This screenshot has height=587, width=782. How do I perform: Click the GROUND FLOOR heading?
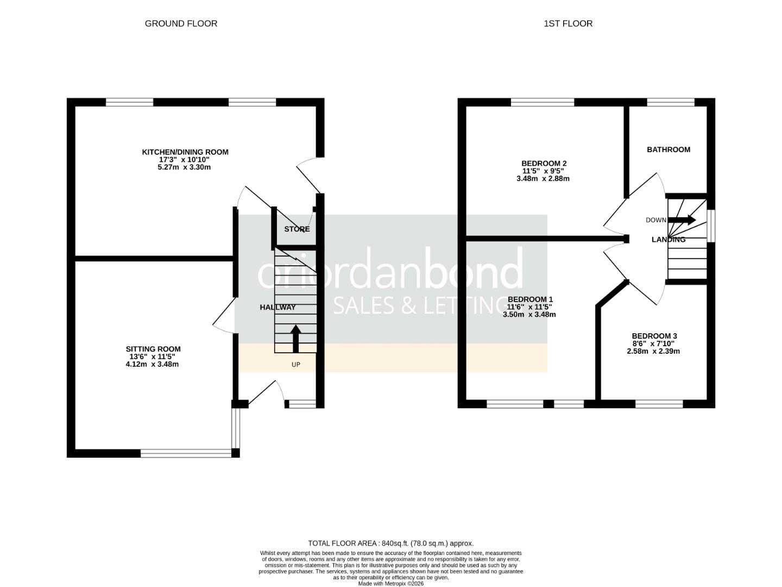click(181, 23)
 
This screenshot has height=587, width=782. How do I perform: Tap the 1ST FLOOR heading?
click(567, 23)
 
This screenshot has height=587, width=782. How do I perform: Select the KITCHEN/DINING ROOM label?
click(185, 152)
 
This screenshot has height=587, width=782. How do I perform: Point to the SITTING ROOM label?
click(153, 349)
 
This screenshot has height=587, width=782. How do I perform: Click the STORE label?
click(297, 229)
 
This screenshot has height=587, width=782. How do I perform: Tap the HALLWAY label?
click(278, 307)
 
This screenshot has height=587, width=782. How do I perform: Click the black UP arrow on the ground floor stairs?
click(296, 338)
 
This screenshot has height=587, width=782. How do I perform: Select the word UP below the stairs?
click(296, 365)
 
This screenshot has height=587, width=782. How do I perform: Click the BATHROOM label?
click(669, 149)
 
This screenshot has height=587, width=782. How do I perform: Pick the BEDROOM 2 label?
click(544, 163)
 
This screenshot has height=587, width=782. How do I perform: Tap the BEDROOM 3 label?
click(654, 336)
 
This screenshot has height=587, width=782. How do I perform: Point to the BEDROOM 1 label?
click(529, 299)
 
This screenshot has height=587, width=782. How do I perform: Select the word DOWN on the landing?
click(656, 220)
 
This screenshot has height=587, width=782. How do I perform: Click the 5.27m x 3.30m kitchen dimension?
click(185, 167)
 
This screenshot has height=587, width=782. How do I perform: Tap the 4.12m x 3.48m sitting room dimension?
click(152, 364)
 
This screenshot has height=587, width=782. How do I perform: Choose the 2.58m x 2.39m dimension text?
click(653, 351)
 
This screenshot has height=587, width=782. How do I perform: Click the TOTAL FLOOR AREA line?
click(390, 543)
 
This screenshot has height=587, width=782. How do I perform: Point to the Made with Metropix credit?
click(390, 584)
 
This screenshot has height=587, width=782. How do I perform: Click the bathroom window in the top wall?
click(671, 102)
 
